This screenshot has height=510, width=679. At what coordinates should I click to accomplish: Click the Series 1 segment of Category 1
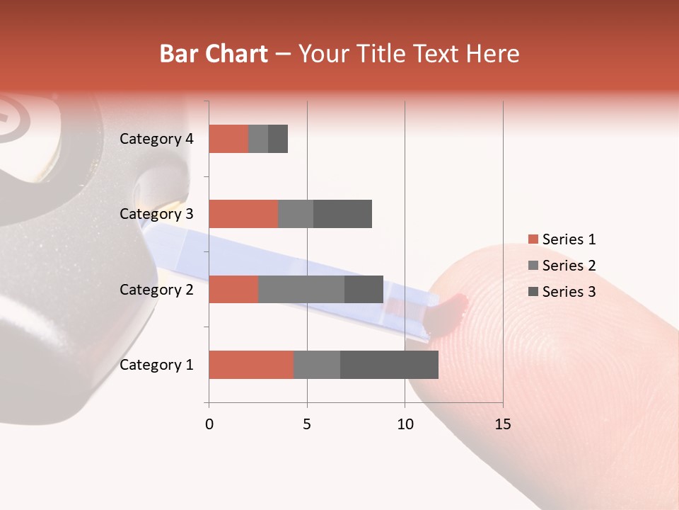(x=251, y=365)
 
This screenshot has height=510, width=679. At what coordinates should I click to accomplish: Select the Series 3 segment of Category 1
(x=389, y=365)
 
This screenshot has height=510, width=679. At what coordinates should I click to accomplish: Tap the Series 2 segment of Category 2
(x=301, y=289)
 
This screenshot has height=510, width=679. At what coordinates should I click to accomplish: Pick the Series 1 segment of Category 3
(x=243, y=214)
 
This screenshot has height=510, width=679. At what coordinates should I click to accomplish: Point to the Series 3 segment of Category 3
(x=342, y=214)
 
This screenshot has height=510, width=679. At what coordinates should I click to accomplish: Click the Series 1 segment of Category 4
(x=228, y=139)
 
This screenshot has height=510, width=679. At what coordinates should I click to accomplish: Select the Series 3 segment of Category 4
(x=278, y=139)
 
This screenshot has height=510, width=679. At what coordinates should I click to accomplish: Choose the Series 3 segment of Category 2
(x=364, y=289)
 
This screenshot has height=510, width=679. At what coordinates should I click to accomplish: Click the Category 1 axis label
(x=156, y=365)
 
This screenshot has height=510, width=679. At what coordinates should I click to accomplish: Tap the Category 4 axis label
(x=156, y=139)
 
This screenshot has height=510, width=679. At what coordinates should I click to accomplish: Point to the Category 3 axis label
(x=156, y=214)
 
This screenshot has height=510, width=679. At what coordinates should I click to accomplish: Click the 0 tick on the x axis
(x=209, y=424)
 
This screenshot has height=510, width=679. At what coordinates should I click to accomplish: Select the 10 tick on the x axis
(x=405, y=424)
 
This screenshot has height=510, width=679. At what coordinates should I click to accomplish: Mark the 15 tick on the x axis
(x=502, y=424)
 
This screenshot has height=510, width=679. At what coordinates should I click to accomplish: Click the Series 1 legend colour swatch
(x=533, y=239)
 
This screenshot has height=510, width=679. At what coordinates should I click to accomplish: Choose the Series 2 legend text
(x=569, y=266)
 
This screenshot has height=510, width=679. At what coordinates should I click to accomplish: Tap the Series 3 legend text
(x=569, y=292)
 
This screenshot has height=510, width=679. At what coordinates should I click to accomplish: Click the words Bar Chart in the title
(x=214, y=54)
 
